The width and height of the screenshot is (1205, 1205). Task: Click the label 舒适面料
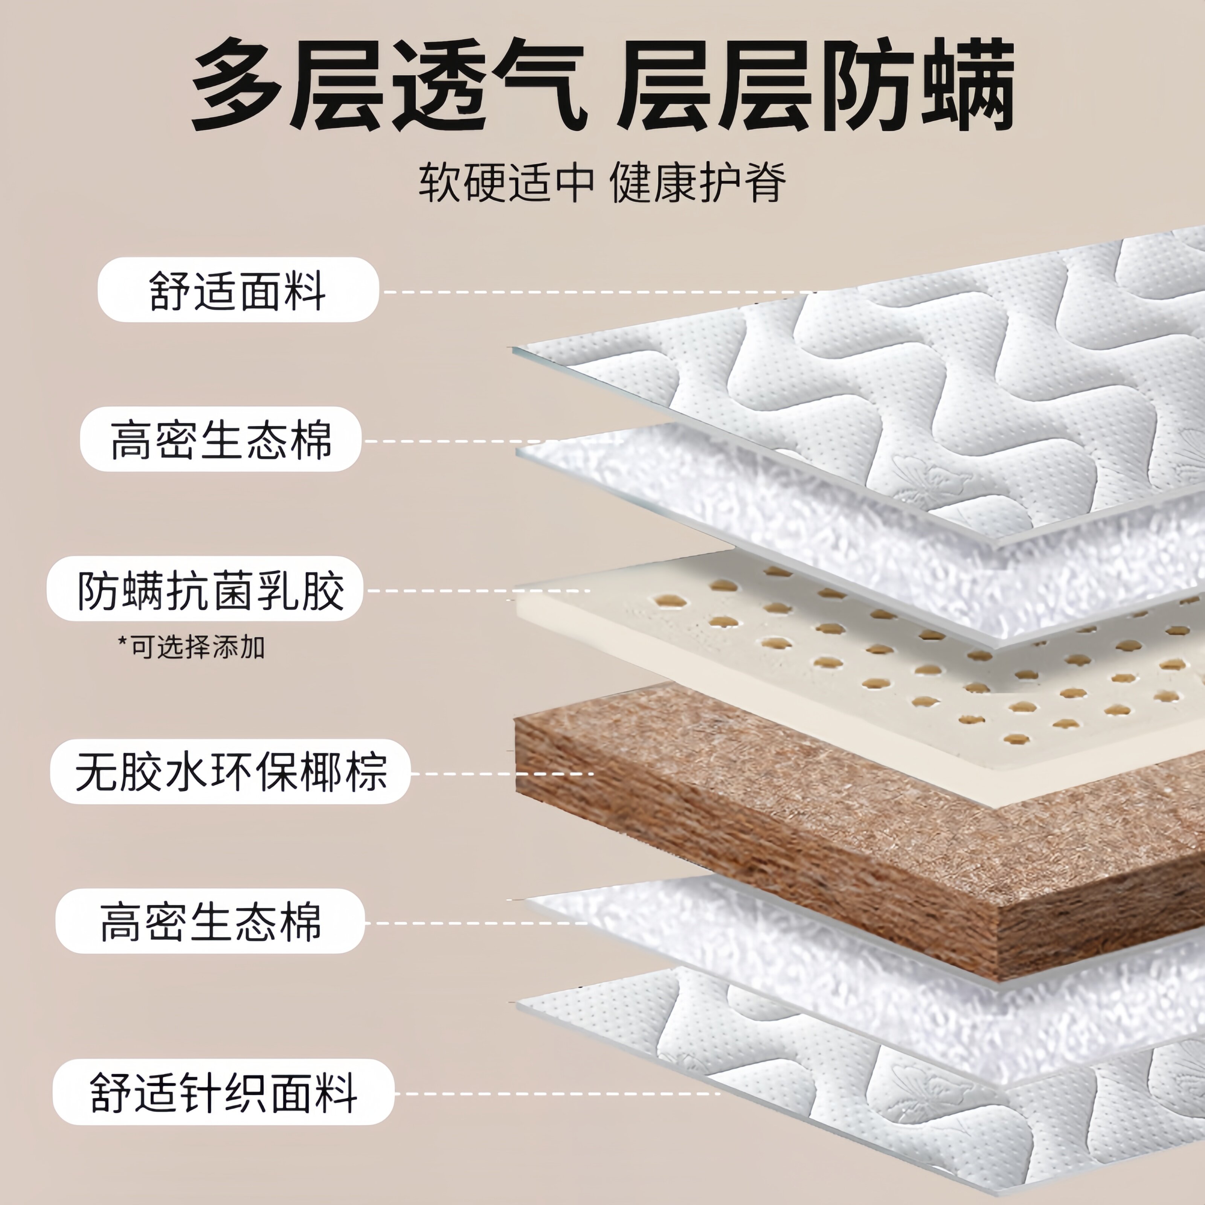click(x=238, y=290)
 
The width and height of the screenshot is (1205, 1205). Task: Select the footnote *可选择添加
click(x=191, y=647)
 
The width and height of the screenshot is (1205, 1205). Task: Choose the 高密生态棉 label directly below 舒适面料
click(x=221, y=440)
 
